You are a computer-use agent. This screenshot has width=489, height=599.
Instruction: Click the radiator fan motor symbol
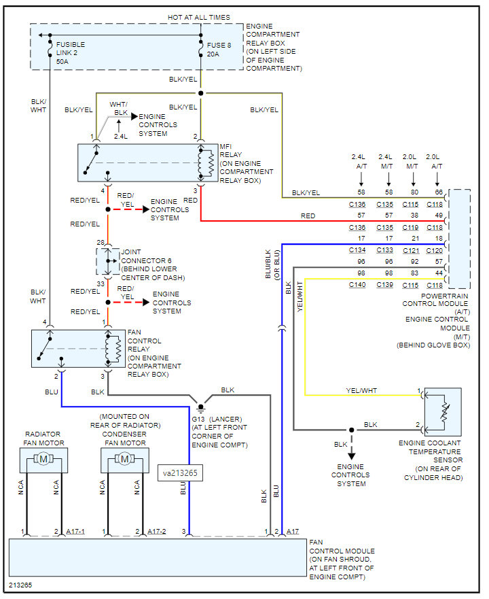(x=43, y=459)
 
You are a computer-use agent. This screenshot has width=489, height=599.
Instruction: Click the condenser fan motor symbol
(x=125, y=459)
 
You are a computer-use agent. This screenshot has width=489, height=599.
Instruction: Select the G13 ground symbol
(x=201, y=408)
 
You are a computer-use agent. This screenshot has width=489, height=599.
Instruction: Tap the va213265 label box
(x=180, y=473)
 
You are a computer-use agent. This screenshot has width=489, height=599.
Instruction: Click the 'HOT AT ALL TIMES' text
(x=199, y=17)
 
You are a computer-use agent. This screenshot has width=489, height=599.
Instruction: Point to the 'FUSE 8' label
(x=219, y=45)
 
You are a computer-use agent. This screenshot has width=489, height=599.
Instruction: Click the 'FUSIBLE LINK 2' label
(x=71, y=48)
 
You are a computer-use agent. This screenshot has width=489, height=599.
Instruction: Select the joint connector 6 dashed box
(x=108, y=261)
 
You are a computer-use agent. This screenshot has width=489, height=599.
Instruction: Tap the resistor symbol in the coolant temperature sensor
(x=444, y=412)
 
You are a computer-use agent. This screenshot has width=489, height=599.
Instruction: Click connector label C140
(x=357, y=285)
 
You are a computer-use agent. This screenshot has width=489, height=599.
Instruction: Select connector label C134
(x=357, y=250)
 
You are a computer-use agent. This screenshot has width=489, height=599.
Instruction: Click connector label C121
(x=411, y=250)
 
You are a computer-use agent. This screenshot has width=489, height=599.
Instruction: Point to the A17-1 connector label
(x=75, y=532)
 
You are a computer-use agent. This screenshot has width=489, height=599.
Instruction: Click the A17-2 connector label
(x=157, y=532)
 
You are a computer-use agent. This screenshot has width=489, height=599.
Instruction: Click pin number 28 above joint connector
(x=101, y=242)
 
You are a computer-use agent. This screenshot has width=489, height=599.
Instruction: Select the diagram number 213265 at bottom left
(x=20, y=585)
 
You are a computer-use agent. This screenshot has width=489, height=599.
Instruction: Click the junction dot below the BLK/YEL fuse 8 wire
(x=201, y=93)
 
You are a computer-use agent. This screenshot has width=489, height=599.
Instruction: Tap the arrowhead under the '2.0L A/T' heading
(x=437, y=184)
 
